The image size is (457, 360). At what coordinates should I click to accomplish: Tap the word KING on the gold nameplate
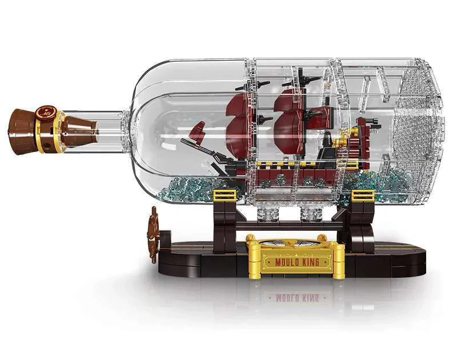point(309,262)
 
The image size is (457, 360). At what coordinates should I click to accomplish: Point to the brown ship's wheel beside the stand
point(153,233)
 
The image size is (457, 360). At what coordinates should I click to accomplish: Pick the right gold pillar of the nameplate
point(338,257)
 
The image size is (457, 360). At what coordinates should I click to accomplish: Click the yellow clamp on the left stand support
point(225,195)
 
